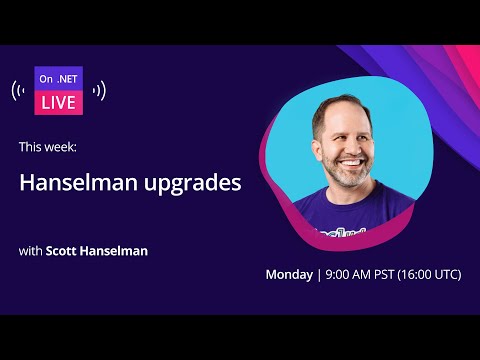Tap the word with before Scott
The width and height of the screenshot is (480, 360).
tap(30, 251)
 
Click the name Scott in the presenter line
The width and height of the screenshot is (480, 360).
tap(64, 251)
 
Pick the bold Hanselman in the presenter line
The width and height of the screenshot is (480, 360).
tap(117, 251)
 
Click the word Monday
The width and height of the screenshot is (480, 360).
tap(289, 274)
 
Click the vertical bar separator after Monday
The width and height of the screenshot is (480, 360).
tap(319, 274)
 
